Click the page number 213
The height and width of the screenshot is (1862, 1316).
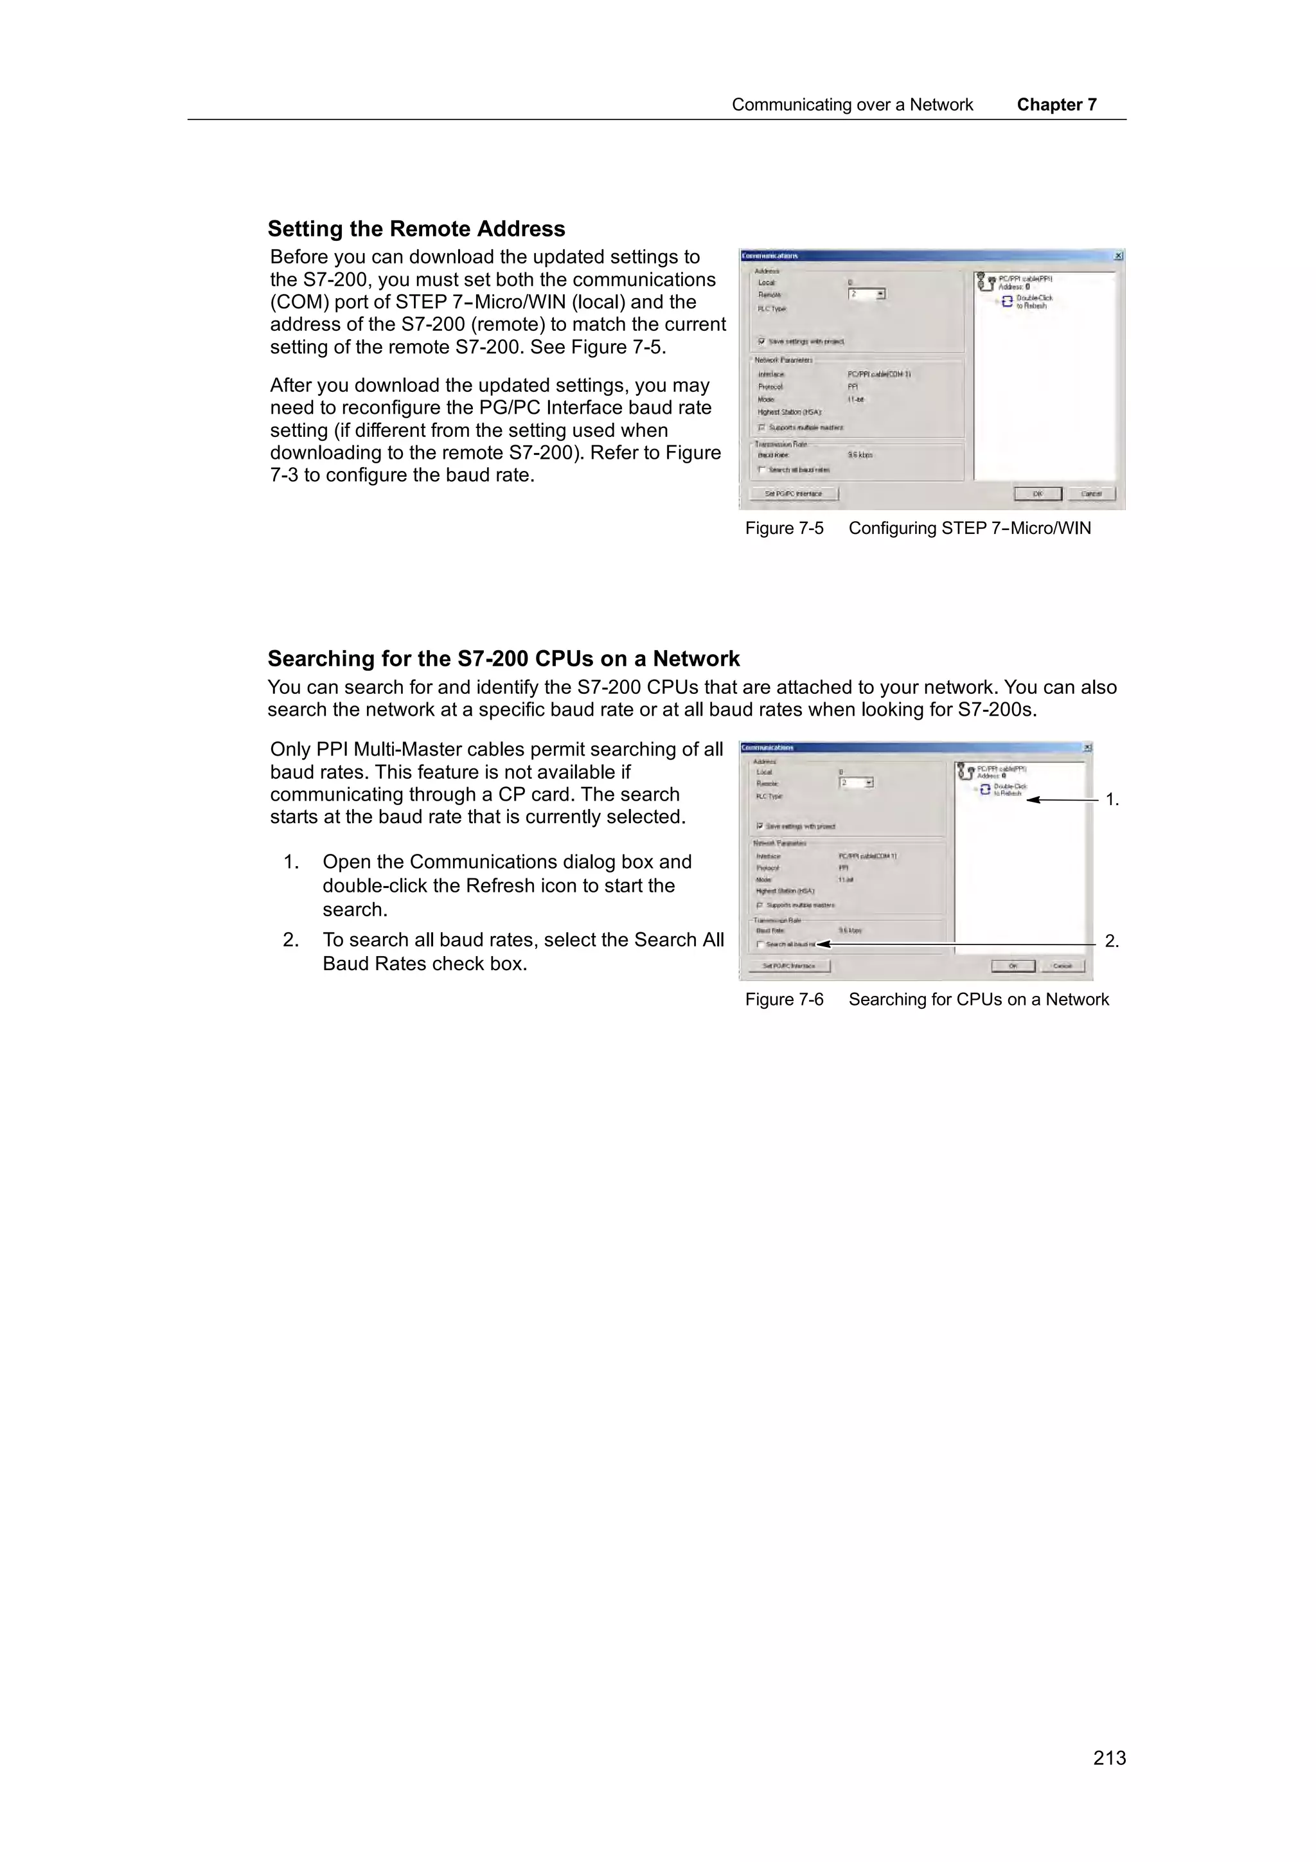click(1108, 1757)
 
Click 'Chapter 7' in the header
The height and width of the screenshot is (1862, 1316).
click(1056, 105)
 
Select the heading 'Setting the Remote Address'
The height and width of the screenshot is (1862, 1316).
click(416, 229)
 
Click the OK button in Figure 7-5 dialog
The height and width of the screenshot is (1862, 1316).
click(1037, 494)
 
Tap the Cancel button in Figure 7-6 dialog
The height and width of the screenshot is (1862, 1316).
click(1062, 966)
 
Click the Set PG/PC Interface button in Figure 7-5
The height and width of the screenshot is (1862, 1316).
click(793, 494)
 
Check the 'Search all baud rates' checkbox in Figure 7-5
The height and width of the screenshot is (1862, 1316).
click(762, 470)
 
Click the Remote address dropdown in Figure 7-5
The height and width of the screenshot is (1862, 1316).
click(880, 294)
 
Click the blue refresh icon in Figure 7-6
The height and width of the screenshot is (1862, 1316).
click(984, 789)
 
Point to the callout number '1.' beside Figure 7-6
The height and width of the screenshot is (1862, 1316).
click(1112, 801)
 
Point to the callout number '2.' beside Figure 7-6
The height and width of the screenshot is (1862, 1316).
click(1112, 941)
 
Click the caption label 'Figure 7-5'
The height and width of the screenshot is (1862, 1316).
click(783, 529)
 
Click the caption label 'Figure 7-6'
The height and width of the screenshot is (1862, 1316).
click(783, 1000)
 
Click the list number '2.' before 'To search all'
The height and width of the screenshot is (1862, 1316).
click(290, 940)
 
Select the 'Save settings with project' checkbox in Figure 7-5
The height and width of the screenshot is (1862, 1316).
click(762, 341)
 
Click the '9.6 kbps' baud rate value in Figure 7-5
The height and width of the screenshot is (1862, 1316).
click(860, 455)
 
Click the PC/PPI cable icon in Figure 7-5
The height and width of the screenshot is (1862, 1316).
click(986, 282)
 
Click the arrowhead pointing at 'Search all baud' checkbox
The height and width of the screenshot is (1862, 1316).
click(822, 944)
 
